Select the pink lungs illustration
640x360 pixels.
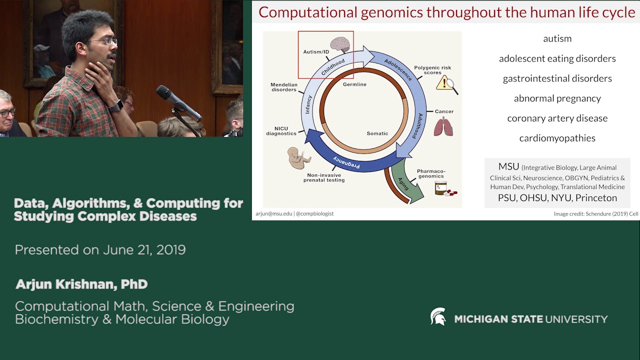coord(443,127)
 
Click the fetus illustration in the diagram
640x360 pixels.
coord(298,158)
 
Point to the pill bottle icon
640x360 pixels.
coord(441,188)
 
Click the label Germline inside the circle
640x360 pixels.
coord(354,84)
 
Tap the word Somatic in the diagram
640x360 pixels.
coord(377,133)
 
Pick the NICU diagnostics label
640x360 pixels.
coord(281,131)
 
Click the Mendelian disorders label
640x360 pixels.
coord(284,87)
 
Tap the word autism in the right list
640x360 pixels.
coord(557,38)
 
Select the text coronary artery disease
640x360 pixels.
coord(557,118)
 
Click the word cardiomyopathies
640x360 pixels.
coord(557,138)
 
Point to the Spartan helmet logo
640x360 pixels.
coord(438,317)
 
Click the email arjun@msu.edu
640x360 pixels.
coord(273,213)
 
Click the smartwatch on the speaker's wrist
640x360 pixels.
coord(115,106)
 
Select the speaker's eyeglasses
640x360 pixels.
coord(105,41)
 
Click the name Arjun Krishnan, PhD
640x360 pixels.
coord(81,284)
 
